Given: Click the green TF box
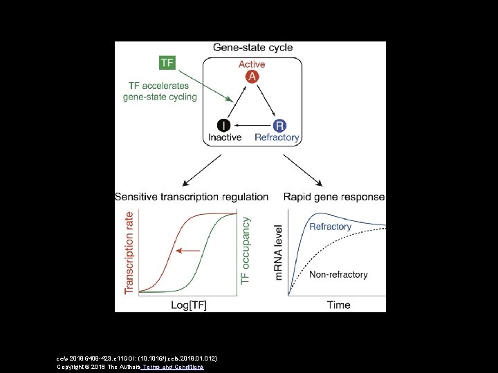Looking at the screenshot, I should point(167,63).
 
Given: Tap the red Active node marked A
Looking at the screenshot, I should point(252,77).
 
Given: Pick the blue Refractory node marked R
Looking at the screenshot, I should point(279,125).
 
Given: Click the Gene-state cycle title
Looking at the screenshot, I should point(252,48).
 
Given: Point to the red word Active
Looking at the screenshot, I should point(252,64).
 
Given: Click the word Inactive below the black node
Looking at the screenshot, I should point(225,137).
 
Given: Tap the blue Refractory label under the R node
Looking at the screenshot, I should point(277,137).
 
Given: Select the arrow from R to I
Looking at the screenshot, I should point(251,125).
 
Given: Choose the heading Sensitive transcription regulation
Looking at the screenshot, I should point(192,197).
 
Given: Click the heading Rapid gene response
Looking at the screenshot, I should point(334,197).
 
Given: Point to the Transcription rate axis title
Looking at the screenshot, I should point(129,253).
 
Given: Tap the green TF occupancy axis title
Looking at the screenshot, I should point(245,249).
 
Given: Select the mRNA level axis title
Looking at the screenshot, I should point(279,251).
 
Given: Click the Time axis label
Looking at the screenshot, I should point(339,305).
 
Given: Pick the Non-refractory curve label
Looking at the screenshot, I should point(338,274).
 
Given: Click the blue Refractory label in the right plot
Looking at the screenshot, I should point(330,227).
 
